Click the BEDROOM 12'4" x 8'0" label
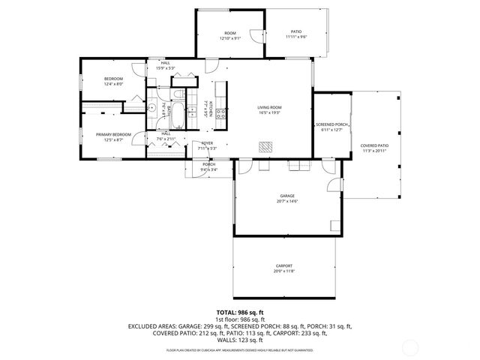[113, 81]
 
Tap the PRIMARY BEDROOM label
[113, 137]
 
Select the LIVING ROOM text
[269, 110]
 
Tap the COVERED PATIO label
[374, 148]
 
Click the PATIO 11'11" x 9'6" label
[295, 34]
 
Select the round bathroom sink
[152, 108]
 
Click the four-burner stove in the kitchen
[221, 112]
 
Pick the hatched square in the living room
[265, 147]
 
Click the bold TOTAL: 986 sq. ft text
[239, 311]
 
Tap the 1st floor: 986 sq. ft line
[239, 319]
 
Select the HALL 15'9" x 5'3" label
[163, 66]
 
